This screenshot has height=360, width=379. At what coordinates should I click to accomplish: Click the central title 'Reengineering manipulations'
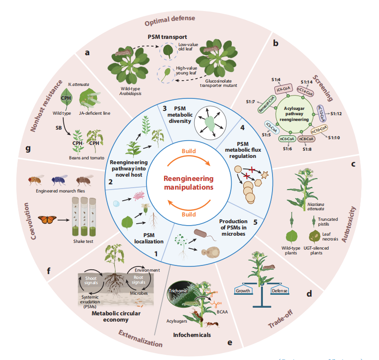[189, 182]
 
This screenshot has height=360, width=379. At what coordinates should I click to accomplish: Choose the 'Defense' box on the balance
[280, 291]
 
